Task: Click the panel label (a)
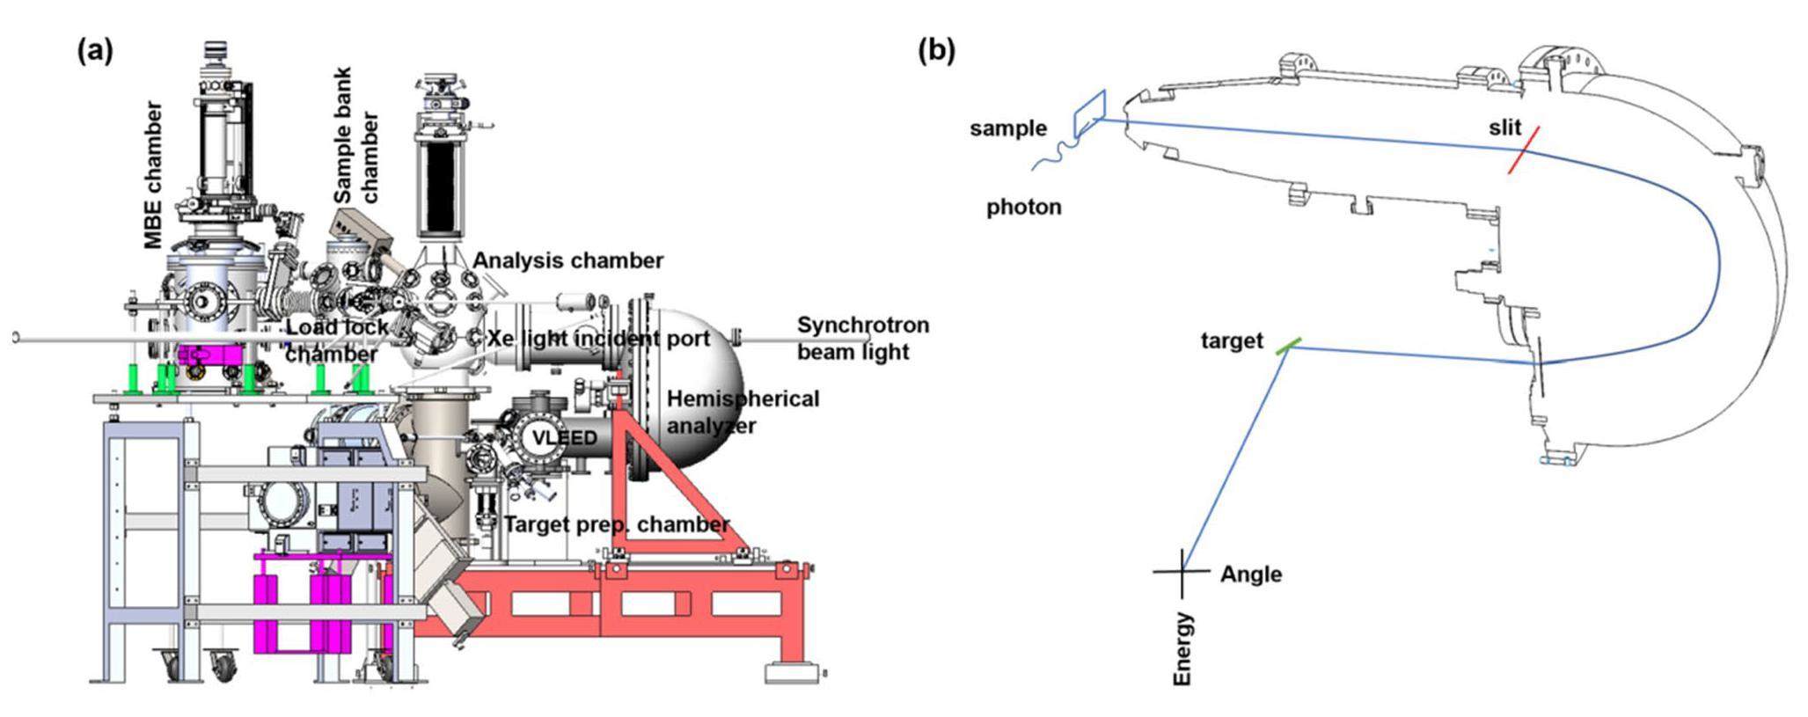tap(95, 51)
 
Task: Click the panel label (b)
tap(936, 50)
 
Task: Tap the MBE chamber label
tap(153, 175)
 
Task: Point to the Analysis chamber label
tap(567, 260)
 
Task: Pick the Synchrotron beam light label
tap(862, 339)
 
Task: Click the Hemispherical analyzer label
tap(742, 412)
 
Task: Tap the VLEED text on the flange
tap(564, 438)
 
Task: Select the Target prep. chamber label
tap(617, 525)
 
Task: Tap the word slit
tap(1504, 128)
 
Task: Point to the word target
tap(1232, 340)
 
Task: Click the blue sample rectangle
tap(1089, 113)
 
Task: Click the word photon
tap(1023, 208)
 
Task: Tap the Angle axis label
tap(1250, 574)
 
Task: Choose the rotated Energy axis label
tap(1183, 649)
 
